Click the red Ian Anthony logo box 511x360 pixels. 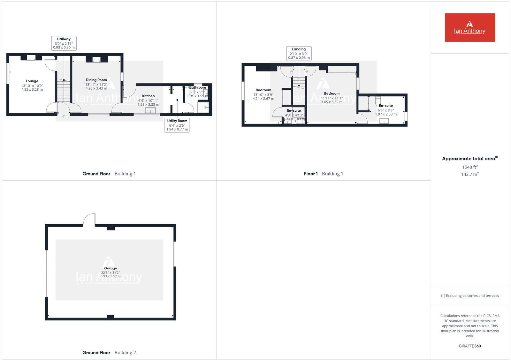tap(469, 27)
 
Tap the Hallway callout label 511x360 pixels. tap(64, 43)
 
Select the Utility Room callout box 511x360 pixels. tap(177, 125)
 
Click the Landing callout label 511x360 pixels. tap(299, 53)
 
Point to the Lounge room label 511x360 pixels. tap(32, 81)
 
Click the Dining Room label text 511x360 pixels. tap(96, 80)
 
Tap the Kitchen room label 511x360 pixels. tap(148, 96)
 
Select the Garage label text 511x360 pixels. tap(111, 268)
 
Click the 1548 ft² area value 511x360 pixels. tap(469, 167)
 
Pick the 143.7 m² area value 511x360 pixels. tap(469, 174)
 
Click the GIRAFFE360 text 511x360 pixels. tap(469, 346)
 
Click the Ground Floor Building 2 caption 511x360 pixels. tap(109, 352)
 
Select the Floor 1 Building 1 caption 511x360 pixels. tap(323, 174)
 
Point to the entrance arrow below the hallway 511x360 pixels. tap(64, 116)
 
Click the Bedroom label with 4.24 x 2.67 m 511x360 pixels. tap(263, 90)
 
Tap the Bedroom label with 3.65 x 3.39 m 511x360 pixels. tap(332, 94)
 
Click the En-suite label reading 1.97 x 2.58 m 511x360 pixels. tap(386, 106)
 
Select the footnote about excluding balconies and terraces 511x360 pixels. tap(469, 296)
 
